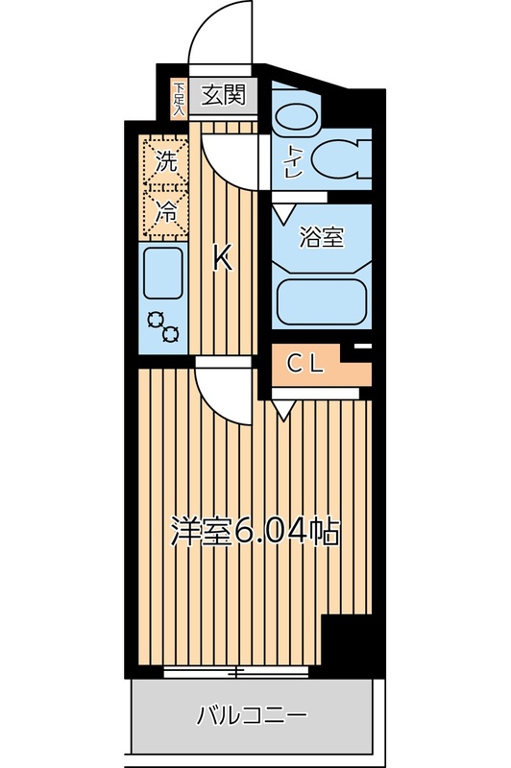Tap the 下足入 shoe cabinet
(179, 99)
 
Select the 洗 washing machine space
(166, 161)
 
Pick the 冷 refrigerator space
(166, 212)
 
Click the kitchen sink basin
(164, 273)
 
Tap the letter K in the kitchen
(222, 257)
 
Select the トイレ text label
(289, 159)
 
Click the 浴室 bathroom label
(321, 238)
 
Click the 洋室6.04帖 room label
(255, 531)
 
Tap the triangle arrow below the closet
(282, 411)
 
